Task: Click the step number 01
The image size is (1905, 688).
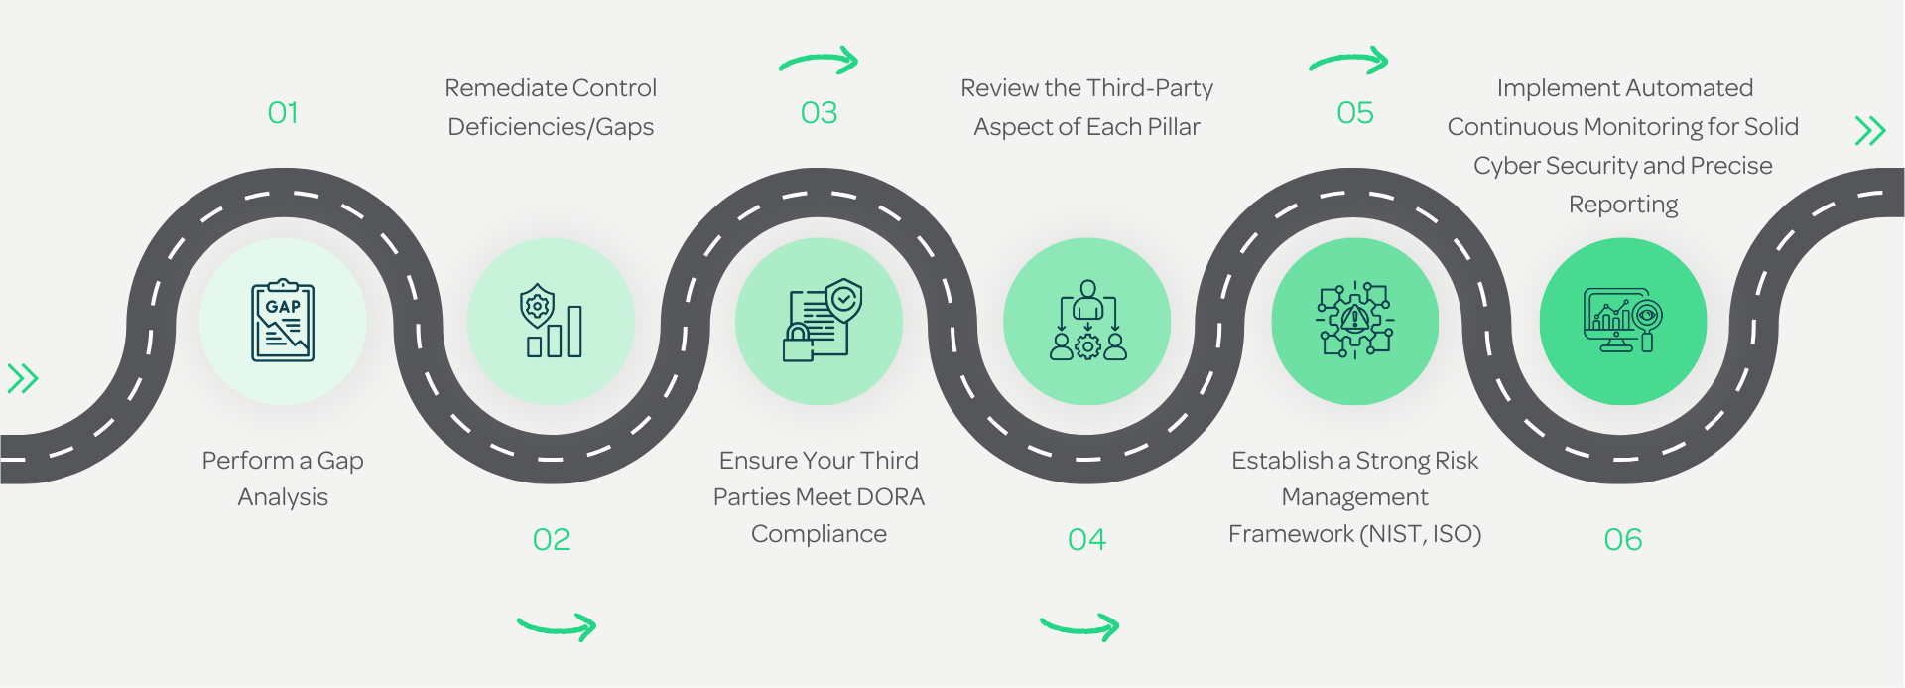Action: point(283,113)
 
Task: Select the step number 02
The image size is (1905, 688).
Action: point(552,540)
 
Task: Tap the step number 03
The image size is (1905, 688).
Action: point(819,113)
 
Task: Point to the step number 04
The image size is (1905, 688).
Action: point(1086,540)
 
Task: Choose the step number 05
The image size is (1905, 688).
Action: point(1355,113)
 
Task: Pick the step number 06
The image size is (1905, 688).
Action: point(1623,540)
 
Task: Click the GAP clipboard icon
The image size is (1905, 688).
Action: point(283,320)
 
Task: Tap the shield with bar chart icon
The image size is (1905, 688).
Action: point(552,321)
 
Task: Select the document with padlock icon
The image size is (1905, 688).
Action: point(822,320)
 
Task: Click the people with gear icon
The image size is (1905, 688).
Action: point(1088,320)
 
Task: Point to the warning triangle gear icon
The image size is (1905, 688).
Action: point(1355,320)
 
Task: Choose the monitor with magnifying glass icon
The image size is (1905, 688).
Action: point(1623,321)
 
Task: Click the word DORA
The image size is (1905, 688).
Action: point(890,497)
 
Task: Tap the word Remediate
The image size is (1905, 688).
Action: point(492,88)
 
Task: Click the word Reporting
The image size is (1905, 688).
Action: point(1623,205)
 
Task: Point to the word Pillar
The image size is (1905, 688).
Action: point(1174,127)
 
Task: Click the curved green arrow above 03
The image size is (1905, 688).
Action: point(819,62)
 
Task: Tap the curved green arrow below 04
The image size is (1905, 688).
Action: point(1079,626)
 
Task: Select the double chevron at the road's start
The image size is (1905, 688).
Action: point(23,378)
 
